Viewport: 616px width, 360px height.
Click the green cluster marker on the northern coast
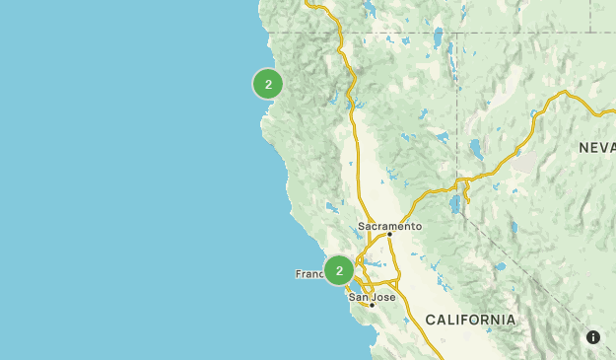pyautogui.click(x=268, y=84)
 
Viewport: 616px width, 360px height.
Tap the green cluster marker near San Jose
pyautogui.click(x=339, y=270)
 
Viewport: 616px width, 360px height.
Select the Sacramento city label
pyautogui.click(x=389, y=226)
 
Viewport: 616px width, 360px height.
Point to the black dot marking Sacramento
pyautogui.click(x=389, y=235)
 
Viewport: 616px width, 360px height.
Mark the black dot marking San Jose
pyautogui.click(x=372, y=305)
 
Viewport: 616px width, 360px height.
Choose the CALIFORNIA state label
pyautogui.click(x=470, y=320)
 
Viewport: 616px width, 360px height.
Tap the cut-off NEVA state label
pyautogui.click(x=597, y=147)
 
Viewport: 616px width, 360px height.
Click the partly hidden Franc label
pyautogui.click(x=309, y=273)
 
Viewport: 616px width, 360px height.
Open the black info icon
pyautogui.click(x=593, y=337)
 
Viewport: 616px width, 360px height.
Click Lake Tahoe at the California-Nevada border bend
pyautogui.click(x=454, y=204)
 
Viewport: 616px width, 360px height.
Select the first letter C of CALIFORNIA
pyautogui.click(x=431, y=320)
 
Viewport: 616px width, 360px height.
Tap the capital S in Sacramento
pyautogui.click(x=361, y=226)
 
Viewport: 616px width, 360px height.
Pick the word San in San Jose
pyautogui.click(x=357, y=297)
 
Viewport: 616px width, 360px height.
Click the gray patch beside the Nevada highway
pyautogui.click(x=526, y=163)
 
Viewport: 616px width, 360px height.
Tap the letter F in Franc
pyautogui.click(x=299, y=273)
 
